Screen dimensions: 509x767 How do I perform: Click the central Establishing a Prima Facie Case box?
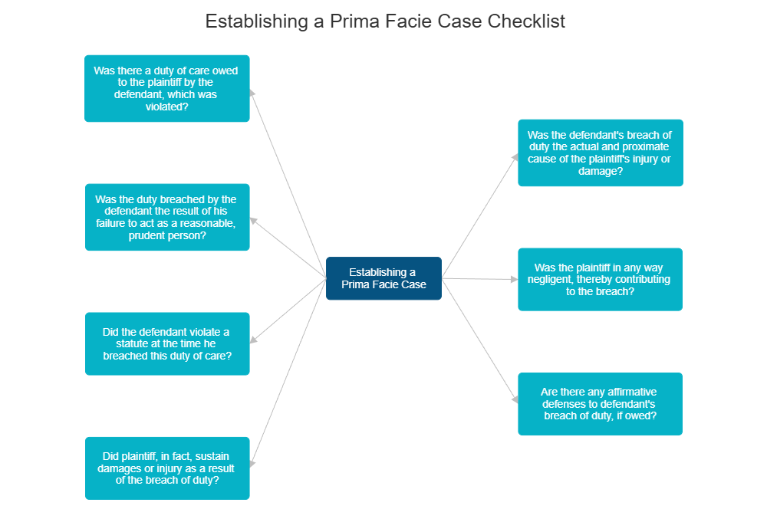click(x=383, y=278)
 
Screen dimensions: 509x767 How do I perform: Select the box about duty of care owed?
click(x=166, y=89)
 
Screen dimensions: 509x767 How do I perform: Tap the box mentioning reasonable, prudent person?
click(x=167, y=217)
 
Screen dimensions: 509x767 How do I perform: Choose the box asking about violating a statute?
click(x=167, y=343)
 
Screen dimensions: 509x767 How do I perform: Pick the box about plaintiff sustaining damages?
click(x=167, y=468)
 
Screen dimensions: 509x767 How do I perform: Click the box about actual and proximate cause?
click(x=600, y=153)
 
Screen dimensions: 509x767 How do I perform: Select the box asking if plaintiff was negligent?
click(x=600, y=279)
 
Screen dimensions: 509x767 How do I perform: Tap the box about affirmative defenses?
click(x=600, y=404)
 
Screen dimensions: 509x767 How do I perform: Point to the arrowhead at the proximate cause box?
click(x=515, y=156)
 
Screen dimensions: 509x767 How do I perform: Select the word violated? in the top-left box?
click(x=166, y=107)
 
